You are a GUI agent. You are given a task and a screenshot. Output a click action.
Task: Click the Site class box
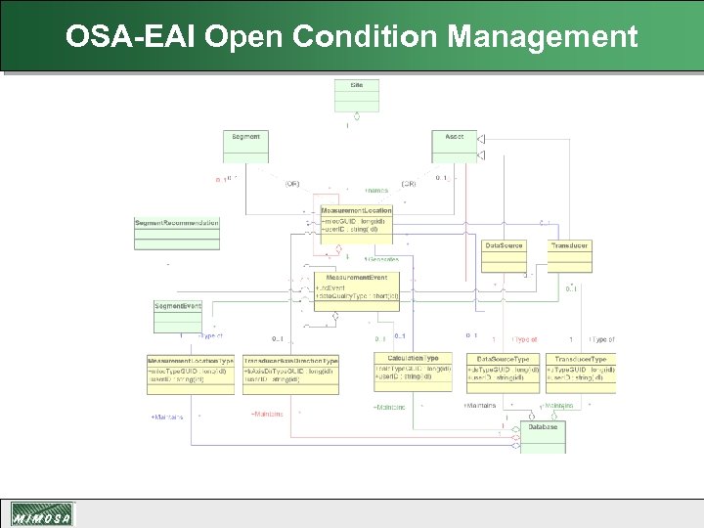click(x=357, y=96)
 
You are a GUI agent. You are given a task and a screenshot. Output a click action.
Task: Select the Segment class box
click(x=245, y=146)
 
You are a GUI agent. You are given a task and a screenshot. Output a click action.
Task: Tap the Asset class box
click(x=455, y=146)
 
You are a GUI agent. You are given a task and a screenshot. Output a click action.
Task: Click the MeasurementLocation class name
click(x=357, y=210)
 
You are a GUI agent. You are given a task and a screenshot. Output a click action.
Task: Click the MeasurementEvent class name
click(x=357, y=279)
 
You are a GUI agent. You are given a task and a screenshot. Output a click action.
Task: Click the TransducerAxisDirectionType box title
click(x=290, y=361)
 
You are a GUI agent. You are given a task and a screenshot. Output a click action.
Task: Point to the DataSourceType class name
click(x=504, y=360)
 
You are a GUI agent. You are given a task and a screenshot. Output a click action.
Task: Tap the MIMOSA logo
click(x=41, y=514)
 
